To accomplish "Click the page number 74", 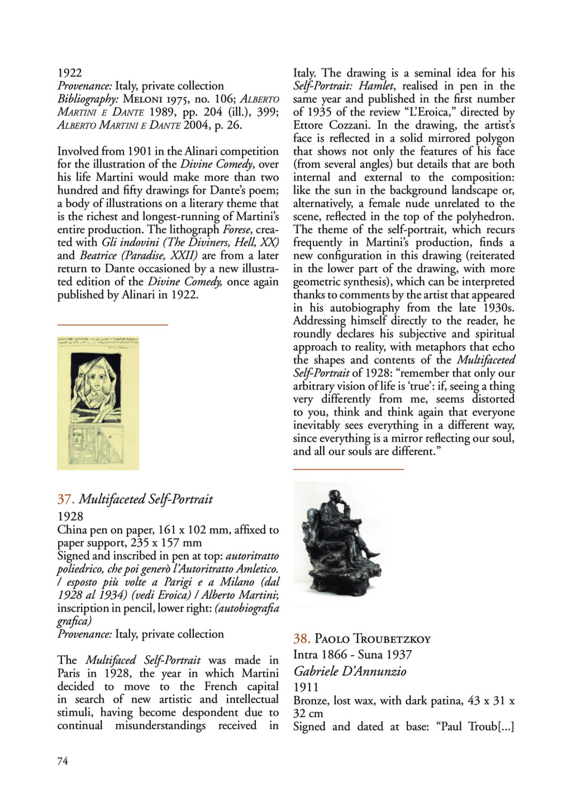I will point(63,761).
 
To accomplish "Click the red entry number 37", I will point(65,499).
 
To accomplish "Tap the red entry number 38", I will point(301,639).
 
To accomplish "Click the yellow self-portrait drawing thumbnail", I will point(98,403).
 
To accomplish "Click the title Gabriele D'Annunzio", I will point(350,671).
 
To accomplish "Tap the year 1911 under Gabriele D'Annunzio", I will point(306,687).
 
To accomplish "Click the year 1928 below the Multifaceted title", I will point(70,517).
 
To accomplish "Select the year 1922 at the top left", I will point(70,73).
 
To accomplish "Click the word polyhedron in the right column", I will point(487,217).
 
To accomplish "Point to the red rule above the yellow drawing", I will point(112,324).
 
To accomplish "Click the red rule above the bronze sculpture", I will point(348,470).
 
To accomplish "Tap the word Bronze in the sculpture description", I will point(311,700).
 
